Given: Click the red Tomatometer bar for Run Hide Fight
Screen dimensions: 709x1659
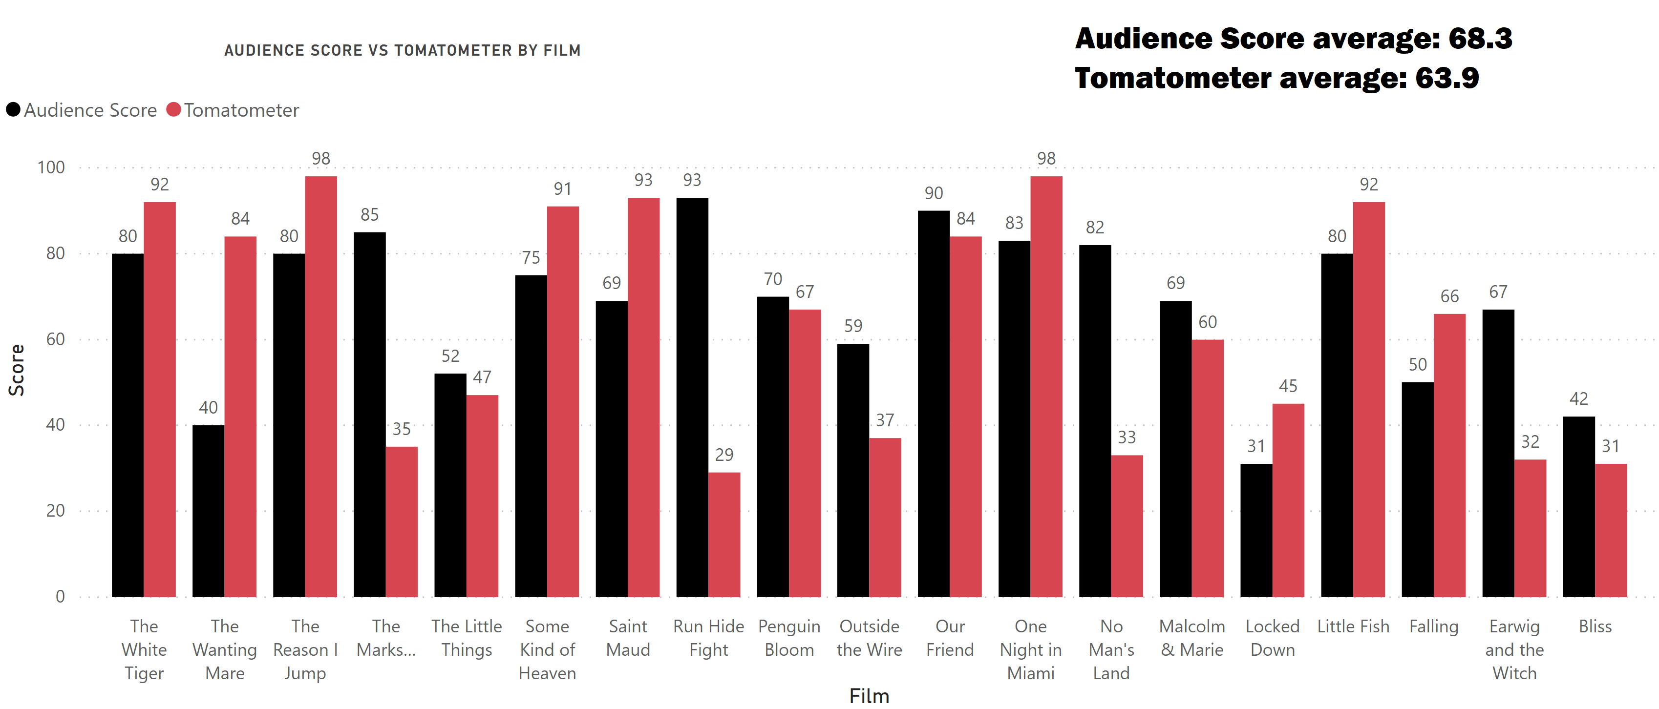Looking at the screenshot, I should (724, 535).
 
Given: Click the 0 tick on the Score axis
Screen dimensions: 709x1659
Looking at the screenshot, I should (60, 596).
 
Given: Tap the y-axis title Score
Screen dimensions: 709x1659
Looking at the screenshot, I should (16, 370).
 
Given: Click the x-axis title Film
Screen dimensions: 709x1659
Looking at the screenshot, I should (869, 696).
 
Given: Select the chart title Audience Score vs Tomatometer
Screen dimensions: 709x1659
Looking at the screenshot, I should (403, 50).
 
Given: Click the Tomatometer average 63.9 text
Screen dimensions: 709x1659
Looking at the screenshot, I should (1276, 78).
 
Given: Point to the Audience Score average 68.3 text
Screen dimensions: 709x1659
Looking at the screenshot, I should (1293, 38).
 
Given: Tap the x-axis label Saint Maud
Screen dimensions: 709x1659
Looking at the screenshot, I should (628, 638).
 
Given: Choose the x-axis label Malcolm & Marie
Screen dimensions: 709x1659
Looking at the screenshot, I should (1191, 638).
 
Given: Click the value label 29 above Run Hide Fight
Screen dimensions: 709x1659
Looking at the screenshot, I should (724, 455).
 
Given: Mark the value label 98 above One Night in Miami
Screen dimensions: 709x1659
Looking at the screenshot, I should (1046, 158).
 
